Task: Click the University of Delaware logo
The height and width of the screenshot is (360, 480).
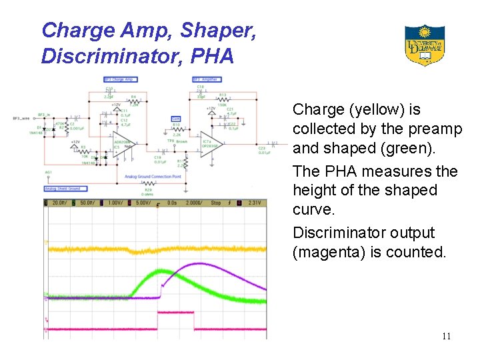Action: coord(424,45)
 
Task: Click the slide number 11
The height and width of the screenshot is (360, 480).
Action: coord(446,336)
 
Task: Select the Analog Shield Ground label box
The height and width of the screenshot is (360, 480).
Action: coord(62,189)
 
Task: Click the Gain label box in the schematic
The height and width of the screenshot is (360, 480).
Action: coord(176,118)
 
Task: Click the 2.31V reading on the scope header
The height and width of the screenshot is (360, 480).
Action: coord(255,203)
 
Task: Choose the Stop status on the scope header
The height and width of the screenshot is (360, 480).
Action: coord(217,203)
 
